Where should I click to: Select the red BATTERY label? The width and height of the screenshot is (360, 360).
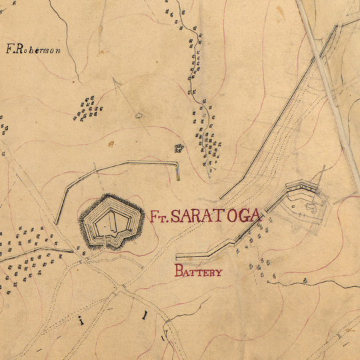click(x=198, y=271)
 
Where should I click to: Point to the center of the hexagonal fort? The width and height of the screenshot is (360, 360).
click(x=111, y=221)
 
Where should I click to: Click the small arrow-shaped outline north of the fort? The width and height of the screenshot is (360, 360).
click(x=139, y=115)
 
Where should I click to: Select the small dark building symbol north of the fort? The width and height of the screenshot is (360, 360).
click(x=178, y=148)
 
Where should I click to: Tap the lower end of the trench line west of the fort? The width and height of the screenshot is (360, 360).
click(x=57, y=222)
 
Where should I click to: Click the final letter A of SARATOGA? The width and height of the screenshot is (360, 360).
click(x=257, y=216)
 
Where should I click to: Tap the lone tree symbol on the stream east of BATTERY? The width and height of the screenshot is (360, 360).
click(x=305, y=281)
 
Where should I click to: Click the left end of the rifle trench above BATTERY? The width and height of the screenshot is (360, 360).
click(x=177, y=257)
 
